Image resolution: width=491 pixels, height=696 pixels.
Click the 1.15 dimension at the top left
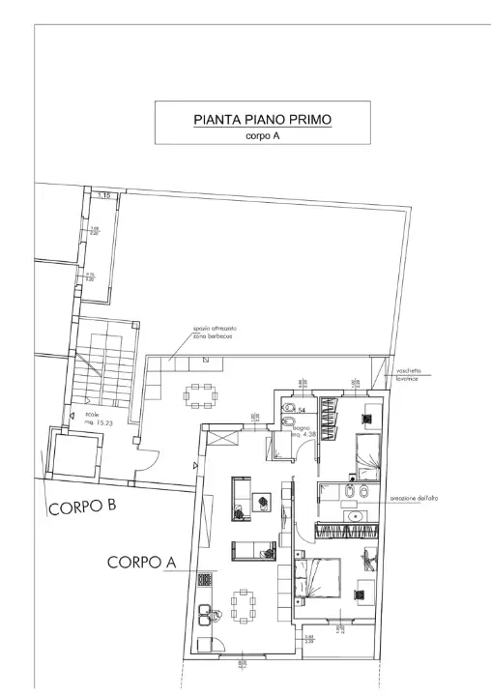tap(104, 195)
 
